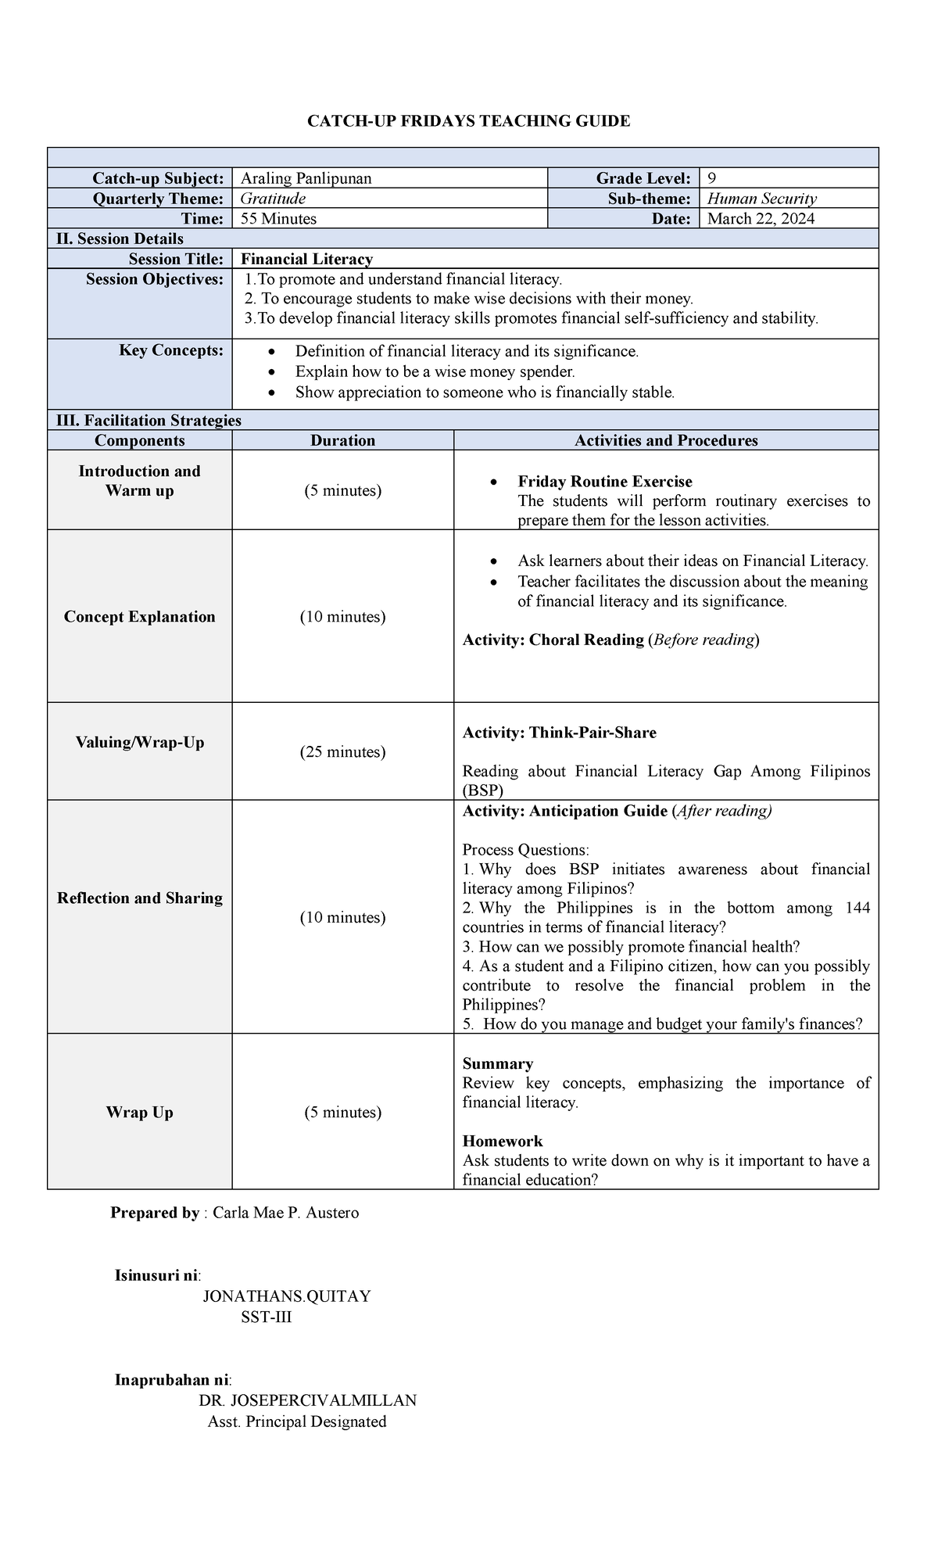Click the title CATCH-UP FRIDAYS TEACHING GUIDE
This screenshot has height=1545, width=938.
tap(468, 120)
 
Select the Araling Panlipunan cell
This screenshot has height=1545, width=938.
tap(306, 178)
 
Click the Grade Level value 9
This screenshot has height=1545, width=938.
tap(711, 178)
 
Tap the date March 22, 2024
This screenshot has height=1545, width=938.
tap(761, 219)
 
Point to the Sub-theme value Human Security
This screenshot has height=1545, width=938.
tap(761, 199)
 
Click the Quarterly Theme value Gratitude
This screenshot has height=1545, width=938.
tap(273, 199)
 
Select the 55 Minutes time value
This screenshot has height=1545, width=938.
tap(278, 219)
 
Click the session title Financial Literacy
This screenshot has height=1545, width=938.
tap(306, 259)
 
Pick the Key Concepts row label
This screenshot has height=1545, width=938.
tap(171, 350)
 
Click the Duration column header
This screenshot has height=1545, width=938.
tap(342, 440)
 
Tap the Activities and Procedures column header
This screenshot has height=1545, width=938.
tap(666, 440)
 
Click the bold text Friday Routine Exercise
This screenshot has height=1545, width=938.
tap(604, 482)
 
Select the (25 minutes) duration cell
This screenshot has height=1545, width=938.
tap(342, 751)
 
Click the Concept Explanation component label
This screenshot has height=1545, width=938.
tap(139, 616)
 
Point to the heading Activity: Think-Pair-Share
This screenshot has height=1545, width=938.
tap(559, 733)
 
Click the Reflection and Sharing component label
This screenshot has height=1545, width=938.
tap(139, 898)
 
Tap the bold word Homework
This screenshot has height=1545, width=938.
tap(502, 1141)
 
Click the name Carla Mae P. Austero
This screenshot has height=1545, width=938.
tap(285, 1213)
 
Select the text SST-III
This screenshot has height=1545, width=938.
tap(267, 1317)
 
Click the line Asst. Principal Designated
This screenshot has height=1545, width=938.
tap(297, 1421)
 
